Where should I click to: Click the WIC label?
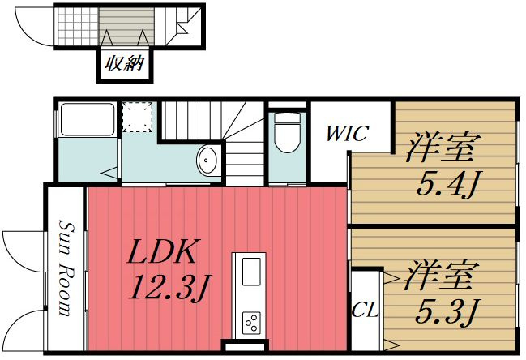[348, 134]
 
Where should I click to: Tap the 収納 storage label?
[125, 63]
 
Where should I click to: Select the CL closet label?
[365, 311]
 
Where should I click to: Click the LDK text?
[162, 251]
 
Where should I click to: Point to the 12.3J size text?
[169, 288]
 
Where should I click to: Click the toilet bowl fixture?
[287, 132]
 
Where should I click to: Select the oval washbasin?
[207, 161]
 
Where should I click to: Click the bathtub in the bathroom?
[88, 119]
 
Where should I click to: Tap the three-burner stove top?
[251, 323]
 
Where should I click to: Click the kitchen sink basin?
[251, 272]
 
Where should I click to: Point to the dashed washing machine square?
[138, 117]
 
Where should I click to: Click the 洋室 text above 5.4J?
[443, 148]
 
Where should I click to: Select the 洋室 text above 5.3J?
[441, 275]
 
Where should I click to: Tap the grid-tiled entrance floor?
[78, 27]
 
